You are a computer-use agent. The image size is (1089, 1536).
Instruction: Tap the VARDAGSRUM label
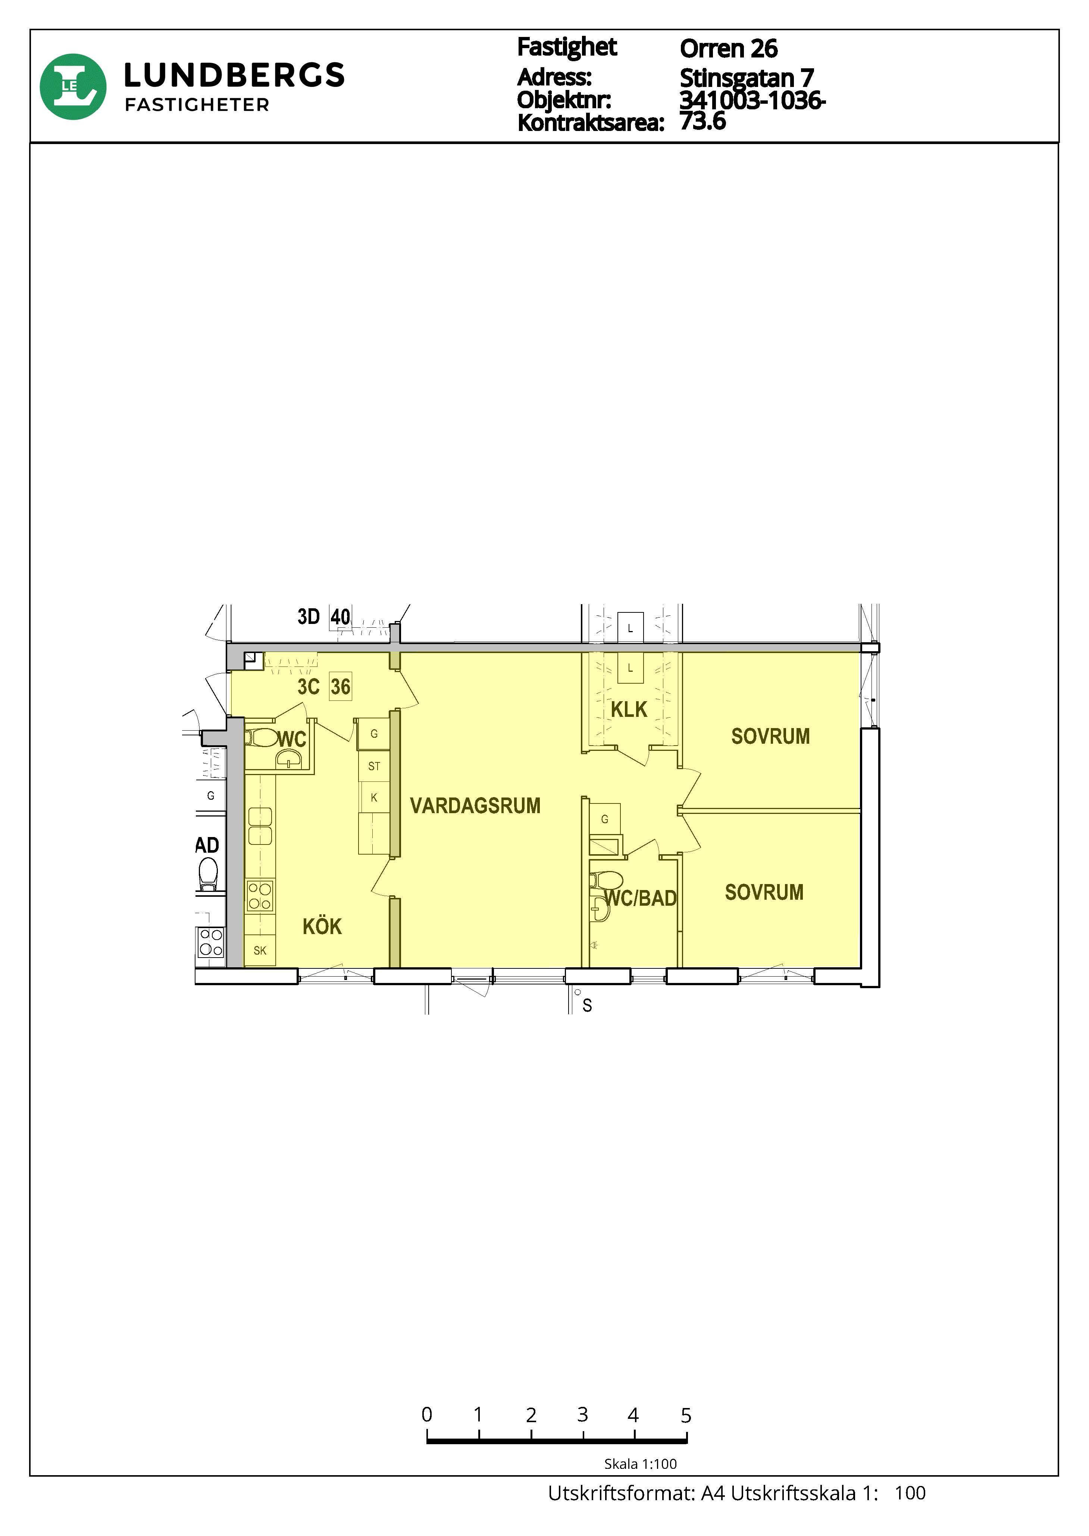click(x=475, y=806)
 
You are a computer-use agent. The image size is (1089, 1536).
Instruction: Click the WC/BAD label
click(x=641, y=898)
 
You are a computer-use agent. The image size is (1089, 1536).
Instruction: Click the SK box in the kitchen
click(x=260, y=950)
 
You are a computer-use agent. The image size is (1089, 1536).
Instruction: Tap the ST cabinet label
click(x=374, y=766)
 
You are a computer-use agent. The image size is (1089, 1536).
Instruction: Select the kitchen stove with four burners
click(x=260, y=896)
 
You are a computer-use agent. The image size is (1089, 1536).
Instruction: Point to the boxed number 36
click(x=341, y=687)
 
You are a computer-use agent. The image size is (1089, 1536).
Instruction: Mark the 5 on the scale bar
click(x=685, y=1416)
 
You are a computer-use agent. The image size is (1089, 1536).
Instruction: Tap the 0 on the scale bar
click(x=426, y=1415)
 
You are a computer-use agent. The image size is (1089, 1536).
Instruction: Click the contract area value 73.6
click(x=703, y=121)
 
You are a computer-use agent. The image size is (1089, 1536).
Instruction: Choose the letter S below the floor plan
click(x=588, y=1005)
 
